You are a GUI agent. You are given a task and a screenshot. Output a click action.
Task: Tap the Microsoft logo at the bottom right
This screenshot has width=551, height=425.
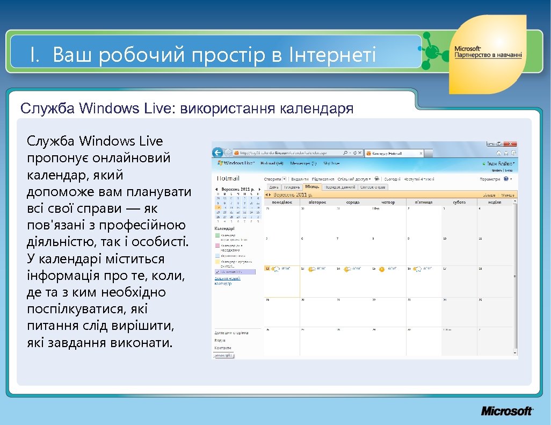tap(506, 411)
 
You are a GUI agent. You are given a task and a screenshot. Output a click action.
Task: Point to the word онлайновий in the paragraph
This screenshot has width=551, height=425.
tap(131, 159)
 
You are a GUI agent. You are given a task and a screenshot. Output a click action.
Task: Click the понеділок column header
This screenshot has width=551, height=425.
tap(282, 203)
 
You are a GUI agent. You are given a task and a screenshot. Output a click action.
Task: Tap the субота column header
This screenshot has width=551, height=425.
tap(459, 203)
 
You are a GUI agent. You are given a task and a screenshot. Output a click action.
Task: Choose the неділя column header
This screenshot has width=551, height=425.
tap(494, 203)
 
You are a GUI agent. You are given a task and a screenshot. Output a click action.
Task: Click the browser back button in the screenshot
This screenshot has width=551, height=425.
tap(219, 153)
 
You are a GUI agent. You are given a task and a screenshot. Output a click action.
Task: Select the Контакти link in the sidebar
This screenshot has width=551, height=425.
tap(223, 348)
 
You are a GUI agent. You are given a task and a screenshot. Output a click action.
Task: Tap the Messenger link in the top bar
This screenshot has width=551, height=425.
tap(303, 163)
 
